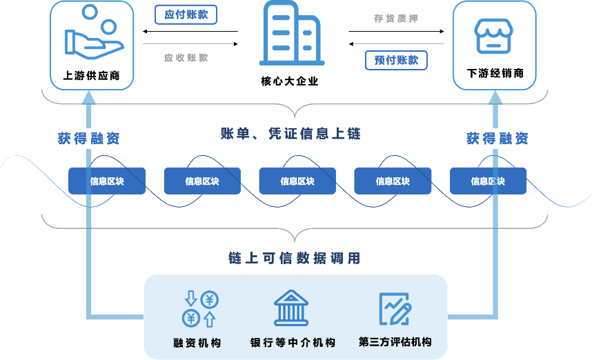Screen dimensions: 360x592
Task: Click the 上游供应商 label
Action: pyautogui.click(x=93, y=76)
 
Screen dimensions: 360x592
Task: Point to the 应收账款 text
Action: pyautogui.click(x=186, y=58)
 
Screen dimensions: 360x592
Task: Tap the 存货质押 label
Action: pyautogui.click(x=395, y=19)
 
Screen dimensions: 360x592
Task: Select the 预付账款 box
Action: pyautogui.click(x=396, y=60)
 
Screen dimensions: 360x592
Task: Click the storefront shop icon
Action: pyautogui.click(x=494, y=35)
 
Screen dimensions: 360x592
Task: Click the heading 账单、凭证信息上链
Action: pyautogui.click(x=290, y=134)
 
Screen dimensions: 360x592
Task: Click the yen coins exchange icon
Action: pyautogui.click(x=200, y=308)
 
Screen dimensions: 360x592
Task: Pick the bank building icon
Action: pyautogui.click(x=291, y=308)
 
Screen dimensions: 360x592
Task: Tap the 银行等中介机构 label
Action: pyautogui.click(x=293, y=343)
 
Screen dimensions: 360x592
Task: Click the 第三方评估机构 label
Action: pyautogui.click(x=395, y=342)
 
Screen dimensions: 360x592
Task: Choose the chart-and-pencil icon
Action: pyautogui.click(x=395, y=308)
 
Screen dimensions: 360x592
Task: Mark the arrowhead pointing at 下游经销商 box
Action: pyautogui.click(x=495, y=97)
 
